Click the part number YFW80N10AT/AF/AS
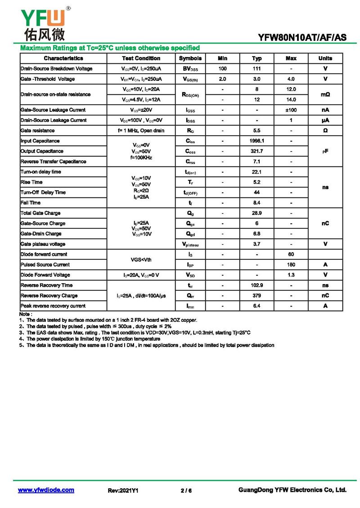point(302,38)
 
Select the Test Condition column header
point(141,58)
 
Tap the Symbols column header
point(190,58)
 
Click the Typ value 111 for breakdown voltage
point(257,69)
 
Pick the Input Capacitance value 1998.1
point(257,141)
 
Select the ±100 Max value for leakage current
point(291,110)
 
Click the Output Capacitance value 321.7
point(257,151)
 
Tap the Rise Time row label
point(31,182)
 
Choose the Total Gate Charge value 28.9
point(257,213)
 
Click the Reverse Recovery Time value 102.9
point(257,285)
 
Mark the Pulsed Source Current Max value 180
point(291,265)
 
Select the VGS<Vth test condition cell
point(141,260)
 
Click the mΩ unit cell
point(325,94)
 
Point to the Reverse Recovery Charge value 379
point(257,296)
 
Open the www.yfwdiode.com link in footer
point(46,490)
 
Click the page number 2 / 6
point(186,490)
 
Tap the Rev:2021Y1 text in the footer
point(123,490)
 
